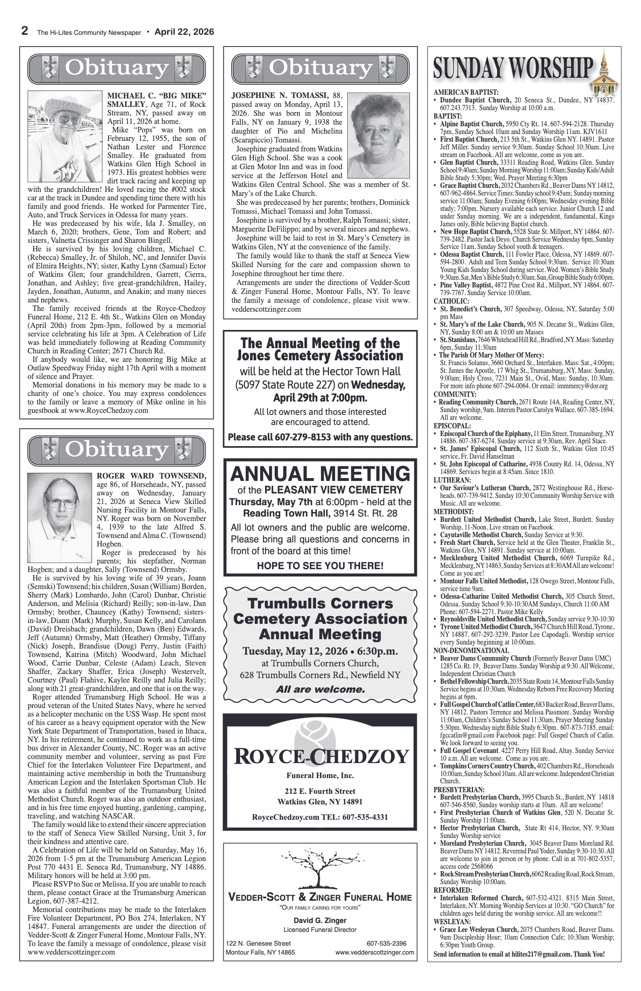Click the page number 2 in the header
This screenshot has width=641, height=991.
click(x=25, y=31)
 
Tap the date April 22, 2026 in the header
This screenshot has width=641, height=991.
click(x=184, y=32)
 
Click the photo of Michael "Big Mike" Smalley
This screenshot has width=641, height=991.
click(x=65, y=136)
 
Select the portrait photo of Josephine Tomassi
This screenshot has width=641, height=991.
click(x=378, y=136)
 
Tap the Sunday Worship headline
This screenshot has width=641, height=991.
click(x=513, y=68)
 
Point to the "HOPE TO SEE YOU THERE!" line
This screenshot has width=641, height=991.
click(x=320, y=566)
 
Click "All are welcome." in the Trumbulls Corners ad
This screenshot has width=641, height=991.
click(x=320, y=689)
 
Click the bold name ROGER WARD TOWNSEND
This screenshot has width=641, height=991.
click(x=151, y=476)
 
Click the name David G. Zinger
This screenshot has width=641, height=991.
click(x=320, y=920)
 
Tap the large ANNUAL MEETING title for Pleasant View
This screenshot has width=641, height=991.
click(x=320, y=474)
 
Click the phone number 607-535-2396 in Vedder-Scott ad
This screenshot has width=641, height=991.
click(x=386, y=944)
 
